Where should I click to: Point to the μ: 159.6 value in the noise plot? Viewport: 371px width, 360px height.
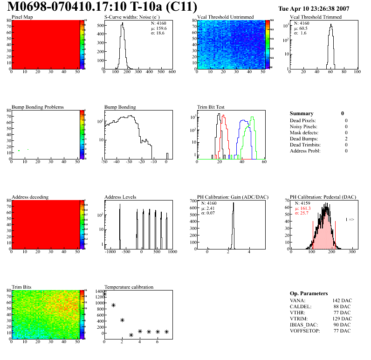pyautogui.click(x=158, y=28)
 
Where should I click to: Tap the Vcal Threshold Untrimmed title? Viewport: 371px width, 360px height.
pyautogui.click(x=226, y=17)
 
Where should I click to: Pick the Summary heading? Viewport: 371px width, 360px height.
pyautogui.click(x=302, y=113)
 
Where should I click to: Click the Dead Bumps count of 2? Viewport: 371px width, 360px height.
pyautogui.click(x=346, y=138)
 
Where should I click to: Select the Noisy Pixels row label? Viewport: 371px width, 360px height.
pyautogui.click(x=303, y=126)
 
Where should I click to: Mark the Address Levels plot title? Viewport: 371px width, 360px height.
pyautogui.click(x=121, y=197)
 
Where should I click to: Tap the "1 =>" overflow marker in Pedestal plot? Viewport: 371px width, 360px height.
pyautogui.click(x=350, y=219)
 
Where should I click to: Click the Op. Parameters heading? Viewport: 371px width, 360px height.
pyautogui.click(x=309, y=293)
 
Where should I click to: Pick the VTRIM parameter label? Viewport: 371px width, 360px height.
pyautogui.click(x=298, y=318)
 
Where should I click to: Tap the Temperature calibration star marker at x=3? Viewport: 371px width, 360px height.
pyautogui.click(x=131, y=335)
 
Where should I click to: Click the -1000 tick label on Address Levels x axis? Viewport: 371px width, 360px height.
pyautogui.click(x=110, y=252)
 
